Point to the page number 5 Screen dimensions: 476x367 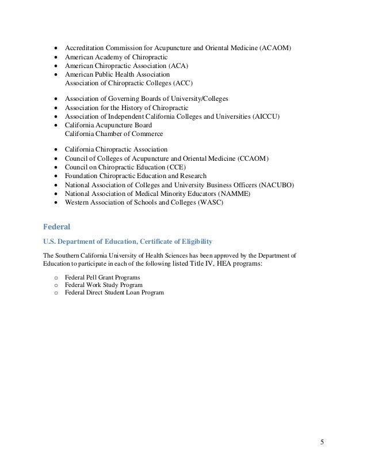tap(322, 443)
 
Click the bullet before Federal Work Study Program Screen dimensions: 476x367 tap(56, 285)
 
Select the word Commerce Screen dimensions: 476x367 tap(143, 134)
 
